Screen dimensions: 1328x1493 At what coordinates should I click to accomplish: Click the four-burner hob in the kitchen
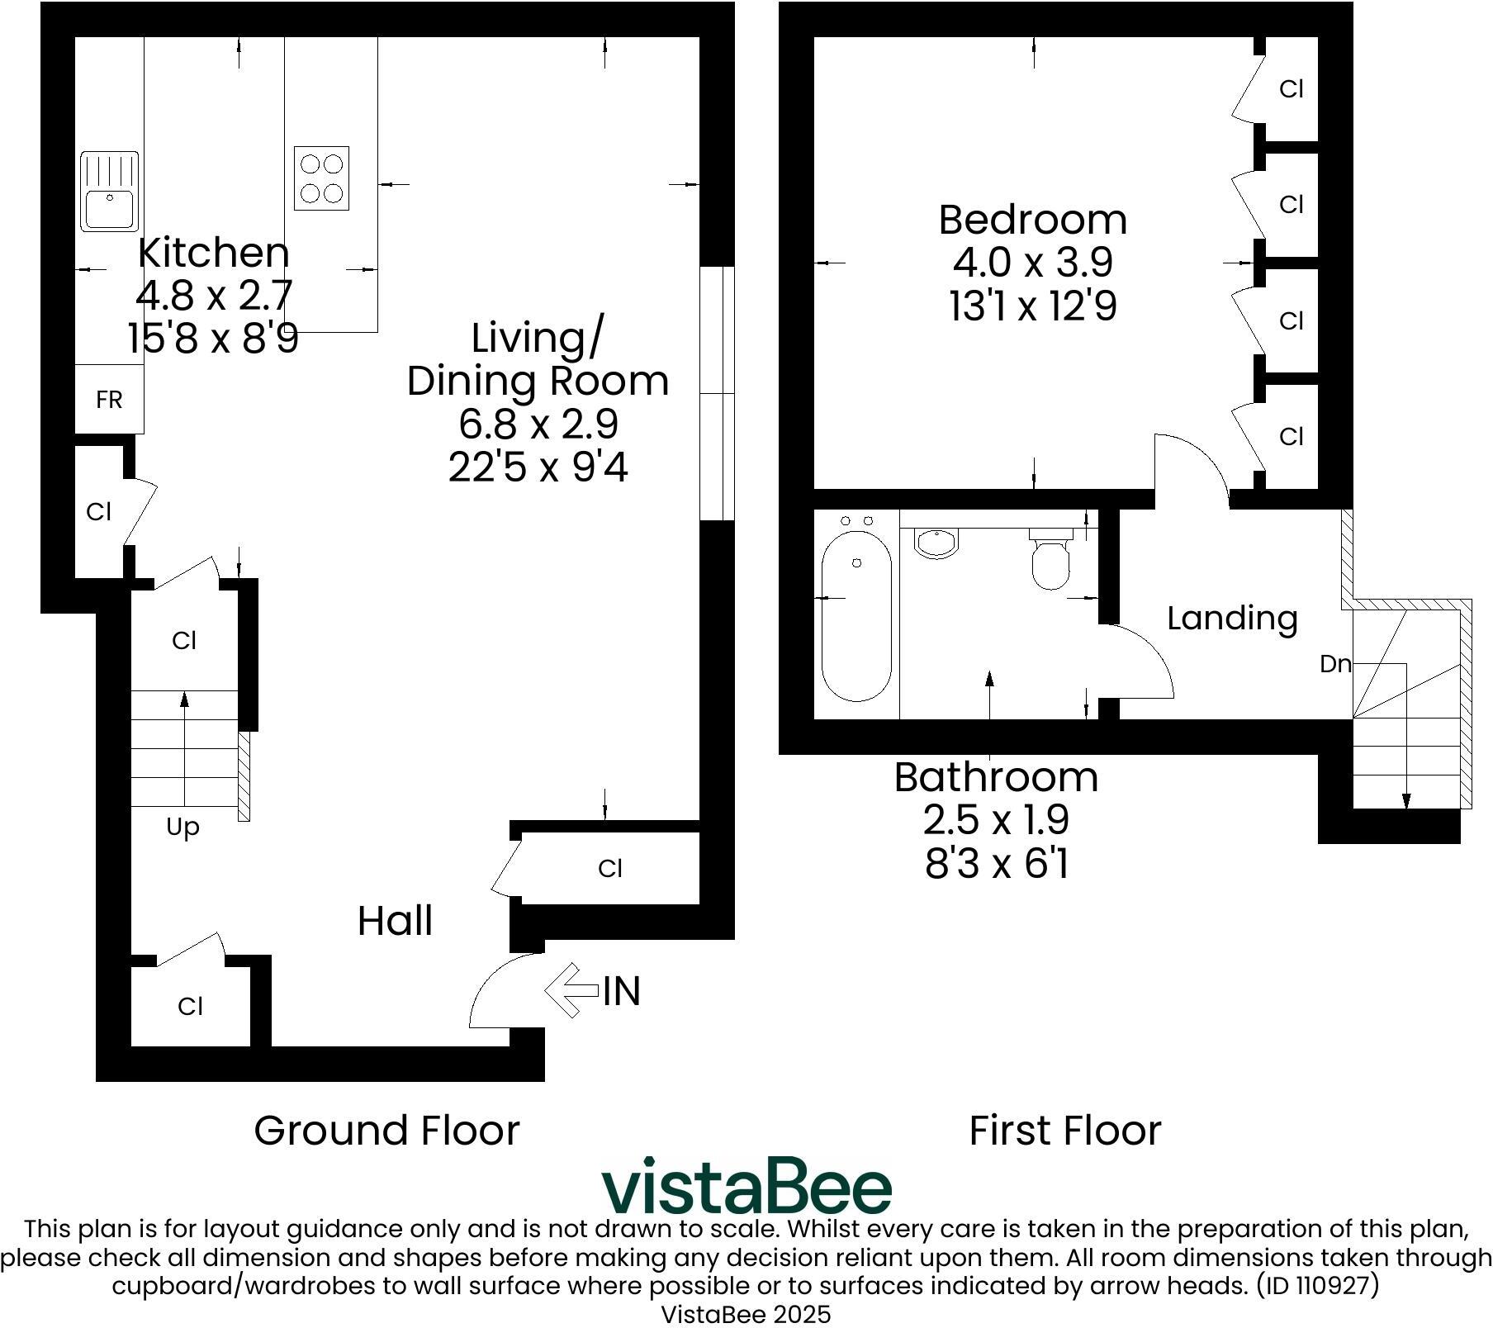pos(321,178)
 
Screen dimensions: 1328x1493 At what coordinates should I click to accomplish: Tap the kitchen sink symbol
pos(109,191)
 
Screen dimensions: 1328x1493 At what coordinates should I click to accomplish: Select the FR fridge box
pos(109,400)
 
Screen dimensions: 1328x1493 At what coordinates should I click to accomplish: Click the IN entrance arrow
pos(571,989)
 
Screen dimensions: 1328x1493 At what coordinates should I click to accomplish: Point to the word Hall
pos(395,921)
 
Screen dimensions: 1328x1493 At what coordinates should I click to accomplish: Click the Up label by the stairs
pos(182,827)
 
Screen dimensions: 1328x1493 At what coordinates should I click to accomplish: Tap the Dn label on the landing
pos(1334,663)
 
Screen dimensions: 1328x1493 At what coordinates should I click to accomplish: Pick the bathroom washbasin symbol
pos(936,543)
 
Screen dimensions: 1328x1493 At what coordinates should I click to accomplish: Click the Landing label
pos(1231,618)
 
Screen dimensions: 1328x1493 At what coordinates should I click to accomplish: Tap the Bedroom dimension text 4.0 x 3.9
pos(1032,263)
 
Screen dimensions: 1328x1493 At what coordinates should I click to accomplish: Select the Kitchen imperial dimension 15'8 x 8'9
pos(213,338)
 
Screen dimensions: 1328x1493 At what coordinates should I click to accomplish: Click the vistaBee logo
pos(746,1186)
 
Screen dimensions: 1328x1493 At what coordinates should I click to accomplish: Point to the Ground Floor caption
pos(386,1130)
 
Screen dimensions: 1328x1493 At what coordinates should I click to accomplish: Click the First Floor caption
pos(1064,1130)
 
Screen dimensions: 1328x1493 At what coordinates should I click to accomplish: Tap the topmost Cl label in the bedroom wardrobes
pos(1291,88)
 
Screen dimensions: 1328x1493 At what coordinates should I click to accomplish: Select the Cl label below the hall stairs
pos(190,1006)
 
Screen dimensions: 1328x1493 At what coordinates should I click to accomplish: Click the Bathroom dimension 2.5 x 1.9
pos(996,820)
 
